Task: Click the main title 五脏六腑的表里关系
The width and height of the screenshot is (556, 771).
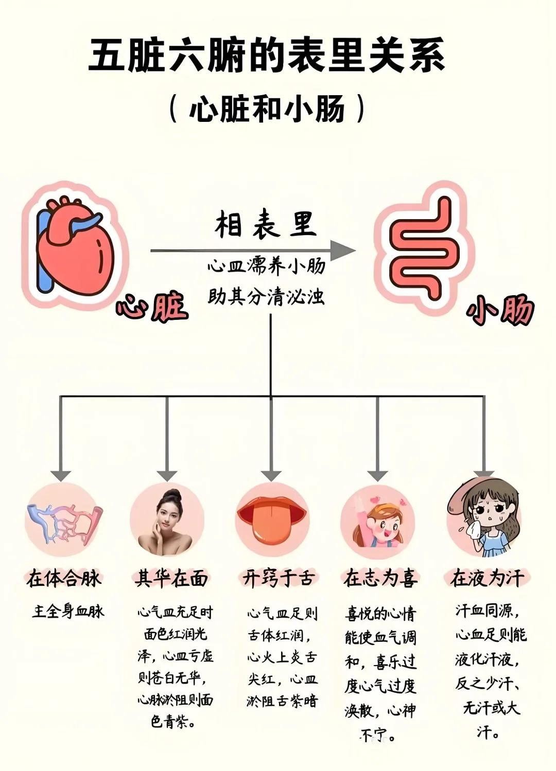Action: tap(266, 55)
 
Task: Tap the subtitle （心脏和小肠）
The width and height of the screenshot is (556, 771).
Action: tap(267, 109)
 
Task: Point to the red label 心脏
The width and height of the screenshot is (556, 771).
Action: tap(151, 308)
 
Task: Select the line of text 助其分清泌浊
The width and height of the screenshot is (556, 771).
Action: tap(266, 297)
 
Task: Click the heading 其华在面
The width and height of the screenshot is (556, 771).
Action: tap(171, 579)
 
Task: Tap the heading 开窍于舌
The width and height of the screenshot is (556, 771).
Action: tap(278, 579)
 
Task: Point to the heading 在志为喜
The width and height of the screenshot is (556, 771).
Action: tap(380, 579)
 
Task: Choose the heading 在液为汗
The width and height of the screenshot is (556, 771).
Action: tap(486, 579)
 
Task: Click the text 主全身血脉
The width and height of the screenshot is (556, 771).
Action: tap(68, 612)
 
